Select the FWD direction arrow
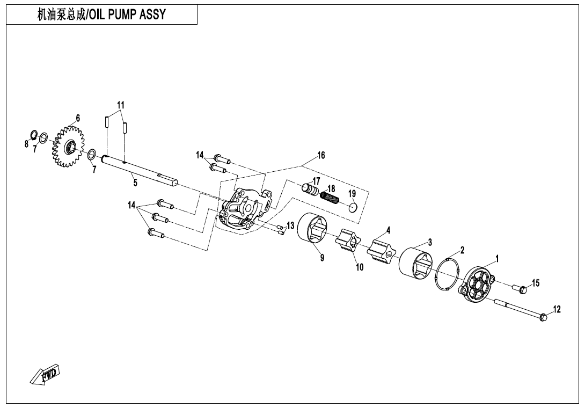point(45,374)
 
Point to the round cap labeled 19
point(353,207)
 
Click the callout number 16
point(321,156)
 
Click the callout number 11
point(121,105)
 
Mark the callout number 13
point(290,225)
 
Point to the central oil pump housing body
point(244,209)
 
